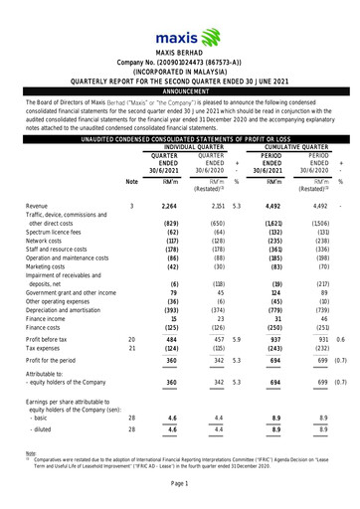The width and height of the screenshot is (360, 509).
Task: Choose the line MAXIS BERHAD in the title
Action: tap(180, 49)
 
